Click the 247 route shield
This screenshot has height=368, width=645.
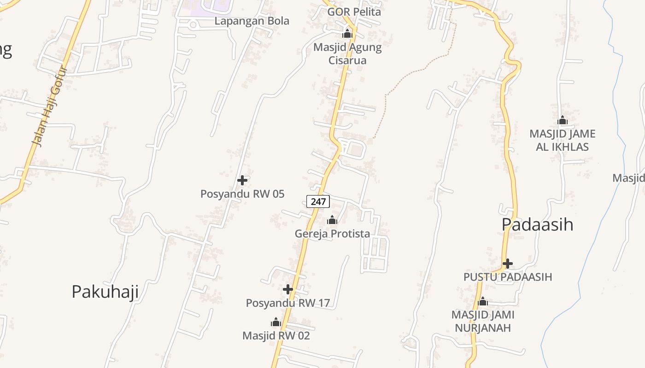point(318,201)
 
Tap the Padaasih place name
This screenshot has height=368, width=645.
point(537,224)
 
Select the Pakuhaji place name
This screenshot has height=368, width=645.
point(105,292)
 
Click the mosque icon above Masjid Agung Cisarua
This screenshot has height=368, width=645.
point(347,34)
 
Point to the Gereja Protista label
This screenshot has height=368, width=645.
point(332,234)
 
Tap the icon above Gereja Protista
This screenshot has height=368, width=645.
point(332,220)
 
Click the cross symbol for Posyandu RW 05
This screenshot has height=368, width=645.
point(242,180)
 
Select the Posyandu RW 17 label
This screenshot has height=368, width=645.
point(288,303)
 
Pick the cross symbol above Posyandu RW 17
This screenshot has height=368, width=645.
point(288,289)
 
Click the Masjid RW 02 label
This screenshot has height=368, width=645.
point(276,336)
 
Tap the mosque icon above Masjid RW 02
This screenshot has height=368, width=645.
point(276,322)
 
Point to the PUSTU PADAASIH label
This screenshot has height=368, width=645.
point(508,277)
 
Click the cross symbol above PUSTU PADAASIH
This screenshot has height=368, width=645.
point(508,264)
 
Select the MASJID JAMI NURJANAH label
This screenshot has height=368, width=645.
point(483,321)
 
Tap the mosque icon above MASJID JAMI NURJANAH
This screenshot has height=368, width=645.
point(483,302)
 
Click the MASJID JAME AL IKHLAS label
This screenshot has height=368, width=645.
point(562,140)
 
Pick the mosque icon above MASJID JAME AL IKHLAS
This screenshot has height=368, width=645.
point(562,121)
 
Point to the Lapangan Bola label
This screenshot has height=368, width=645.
point(252,21)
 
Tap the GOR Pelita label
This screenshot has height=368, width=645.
point(354,12)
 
